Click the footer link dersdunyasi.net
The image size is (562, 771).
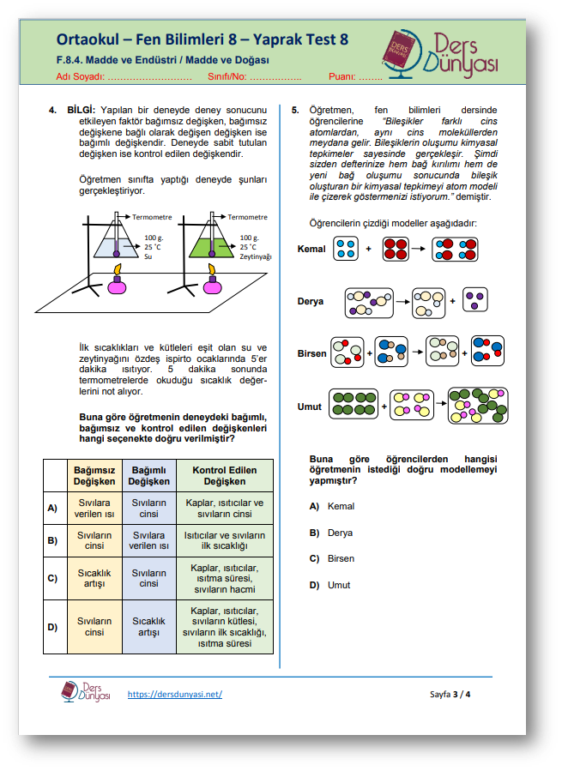click(174, 694)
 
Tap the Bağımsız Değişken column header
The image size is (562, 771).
click(94, 476)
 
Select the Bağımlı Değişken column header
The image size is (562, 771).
click(148, 476)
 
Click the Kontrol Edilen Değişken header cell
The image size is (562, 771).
click(224, 476)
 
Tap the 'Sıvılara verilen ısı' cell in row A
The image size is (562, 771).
click(94, 508)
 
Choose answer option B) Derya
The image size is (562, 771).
click(339, 533)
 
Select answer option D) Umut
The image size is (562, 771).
click(337, 585)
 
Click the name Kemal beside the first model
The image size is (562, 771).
click(311, 250)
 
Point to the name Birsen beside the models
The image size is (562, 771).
click(311, 353)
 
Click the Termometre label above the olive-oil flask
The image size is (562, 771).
click(247, 217)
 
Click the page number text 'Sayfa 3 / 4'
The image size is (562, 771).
click(450, 694)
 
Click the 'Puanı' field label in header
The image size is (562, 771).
click(341, 76)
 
